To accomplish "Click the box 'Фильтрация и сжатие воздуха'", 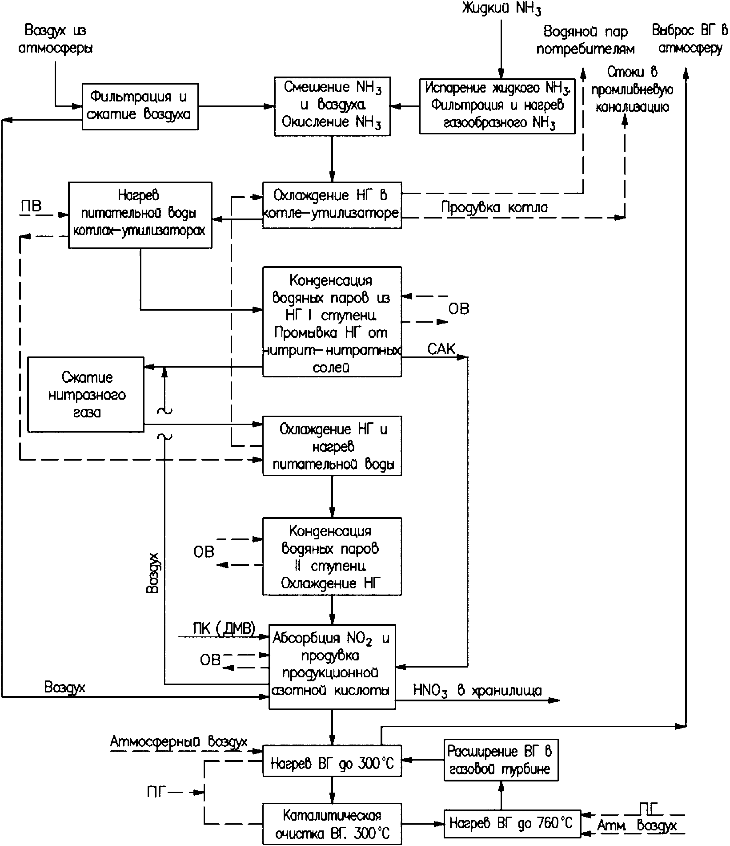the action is (140, 106).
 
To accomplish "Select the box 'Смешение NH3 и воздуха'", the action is (332, 106).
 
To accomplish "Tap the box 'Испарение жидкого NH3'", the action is (497, 106).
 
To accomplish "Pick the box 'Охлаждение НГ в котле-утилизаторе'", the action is (332, 205).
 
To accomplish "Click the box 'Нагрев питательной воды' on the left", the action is (140, 215).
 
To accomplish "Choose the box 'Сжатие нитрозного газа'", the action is (86, 394).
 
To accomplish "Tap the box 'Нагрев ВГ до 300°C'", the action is (332, 764).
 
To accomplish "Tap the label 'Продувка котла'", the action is (494, 207).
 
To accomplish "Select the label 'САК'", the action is (441, 348).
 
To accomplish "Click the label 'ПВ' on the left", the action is (31, 206).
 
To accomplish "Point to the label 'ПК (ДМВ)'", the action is (224, 628).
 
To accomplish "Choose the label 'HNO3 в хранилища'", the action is (477, 691).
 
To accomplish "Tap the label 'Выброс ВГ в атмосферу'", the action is (690, 39).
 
